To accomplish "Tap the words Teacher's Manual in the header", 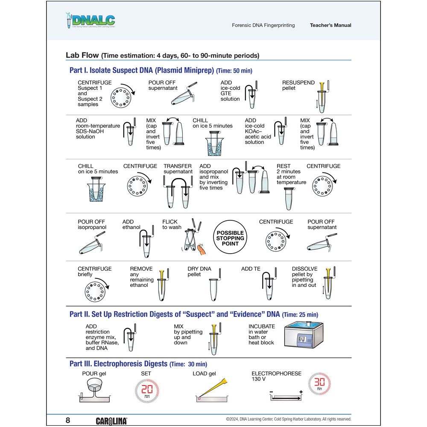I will click(x=330, y=25).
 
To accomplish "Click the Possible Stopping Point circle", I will click(x=231, y=238).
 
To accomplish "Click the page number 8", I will click(x=68, y=420).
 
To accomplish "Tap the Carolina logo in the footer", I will click(x=111, y=421).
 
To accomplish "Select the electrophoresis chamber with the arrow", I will click(x=287, y=398).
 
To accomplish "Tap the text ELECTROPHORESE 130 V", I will click(x=276, y=376).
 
